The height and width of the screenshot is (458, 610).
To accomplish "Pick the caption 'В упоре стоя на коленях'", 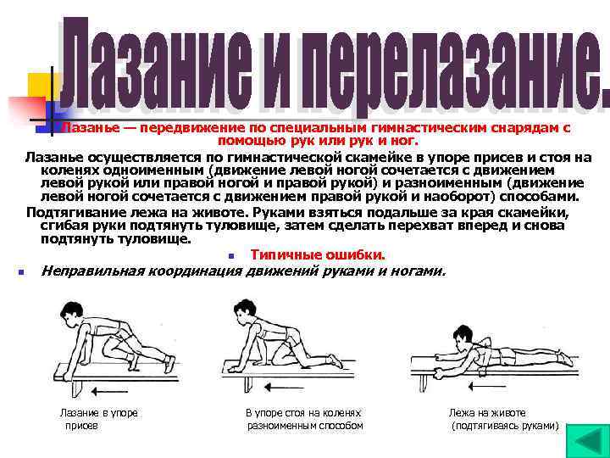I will (303, 412).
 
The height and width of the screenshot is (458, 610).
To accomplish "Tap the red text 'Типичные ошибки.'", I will (318, 255).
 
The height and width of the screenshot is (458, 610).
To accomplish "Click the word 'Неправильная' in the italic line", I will (93, 271).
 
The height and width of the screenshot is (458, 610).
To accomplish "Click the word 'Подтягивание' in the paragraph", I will (68, 212).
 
